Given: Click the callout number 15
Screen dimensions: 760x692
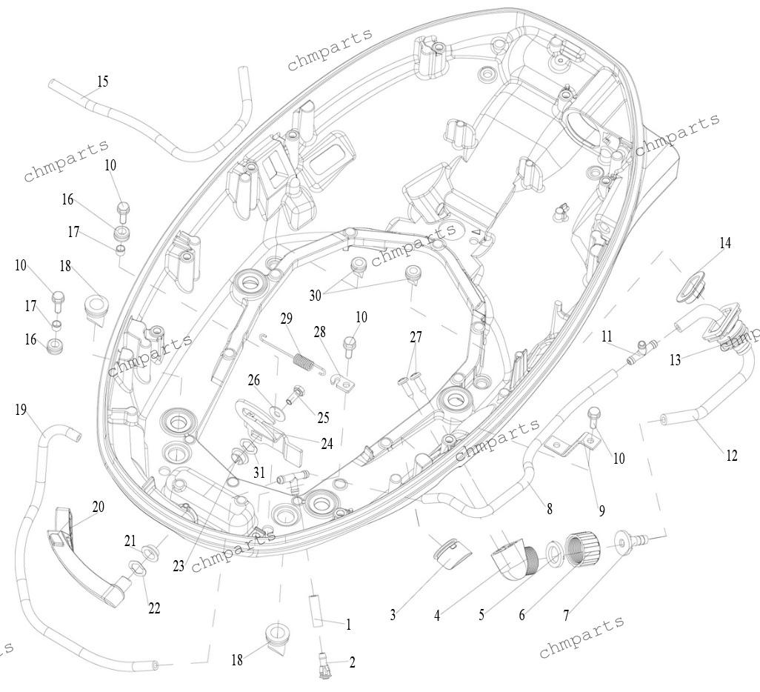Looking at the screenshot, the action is pyautogui.click(x=103, y=81).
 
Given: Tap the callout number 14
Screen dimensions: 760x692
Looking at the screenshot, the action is pyautogui.click(x=725, y=242).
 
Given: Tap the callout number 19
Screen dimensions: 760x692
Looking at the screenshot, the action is pyautogui.click(x=20, y=410).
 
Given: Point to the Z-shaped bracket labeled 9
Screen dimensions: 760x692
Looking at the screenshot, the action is pyautogui.click(x=572, y=447).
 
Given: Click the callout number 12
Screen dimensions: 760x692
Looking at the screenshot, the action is pyautogui.click(x=731, y=456).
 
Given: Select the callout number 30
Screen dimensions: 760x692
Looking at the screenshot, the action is pyautogui.click(x=315, y=295).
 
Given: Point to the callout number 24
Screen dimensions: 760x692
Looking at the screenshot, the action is pyautogui.click(x=327, y=443).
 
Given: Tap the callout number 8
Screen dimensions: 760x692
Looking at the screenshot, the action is pyautogui.click(x=549, y=509).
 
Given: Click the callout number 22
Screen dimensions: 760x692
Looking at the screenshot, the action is pyautogui.click(x=154, y=608).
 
